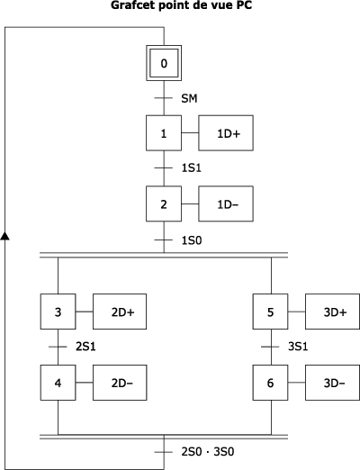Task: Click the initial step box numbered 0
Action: (164, 63)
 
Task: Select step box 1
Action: (164, 133)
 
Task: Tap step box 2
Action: (164, 203)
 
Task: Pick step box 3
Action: (58, 312)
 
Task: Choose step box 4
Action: (58, 383)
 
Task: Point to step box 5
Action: (270, 312)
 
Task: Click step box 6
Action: (270, 383)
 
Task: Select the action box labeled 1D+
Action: (226, 133)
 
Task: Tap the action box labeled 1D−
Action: (226, 203)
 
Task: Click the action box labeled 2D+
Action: (120, 312)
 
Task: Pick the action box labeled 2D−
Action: (120, 383)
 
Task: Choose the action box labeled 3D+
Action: (332, 312)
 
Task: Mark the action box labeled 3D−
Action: (332, 383)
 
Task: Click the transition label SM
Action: (189, 98)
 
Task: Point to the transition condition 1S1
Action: (192, 168)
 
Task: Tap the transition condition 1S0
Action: (192, 240)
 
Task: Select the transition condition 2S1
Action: (85, 347)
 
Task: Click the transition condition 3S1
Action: (298, 347)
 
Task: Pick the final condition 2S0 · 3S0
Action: (208, 452)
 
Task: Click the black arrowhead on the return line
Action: (4, 236)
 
